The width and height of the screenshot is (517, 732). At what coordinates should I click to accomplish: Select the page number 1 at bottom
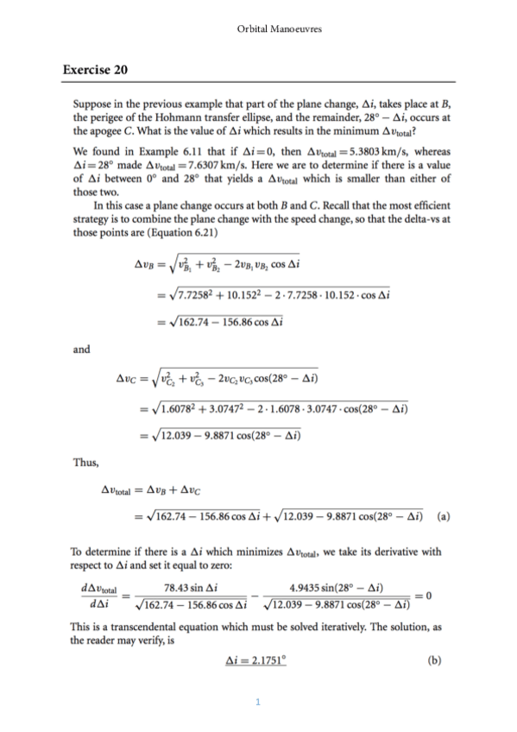tap(259, 700)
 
